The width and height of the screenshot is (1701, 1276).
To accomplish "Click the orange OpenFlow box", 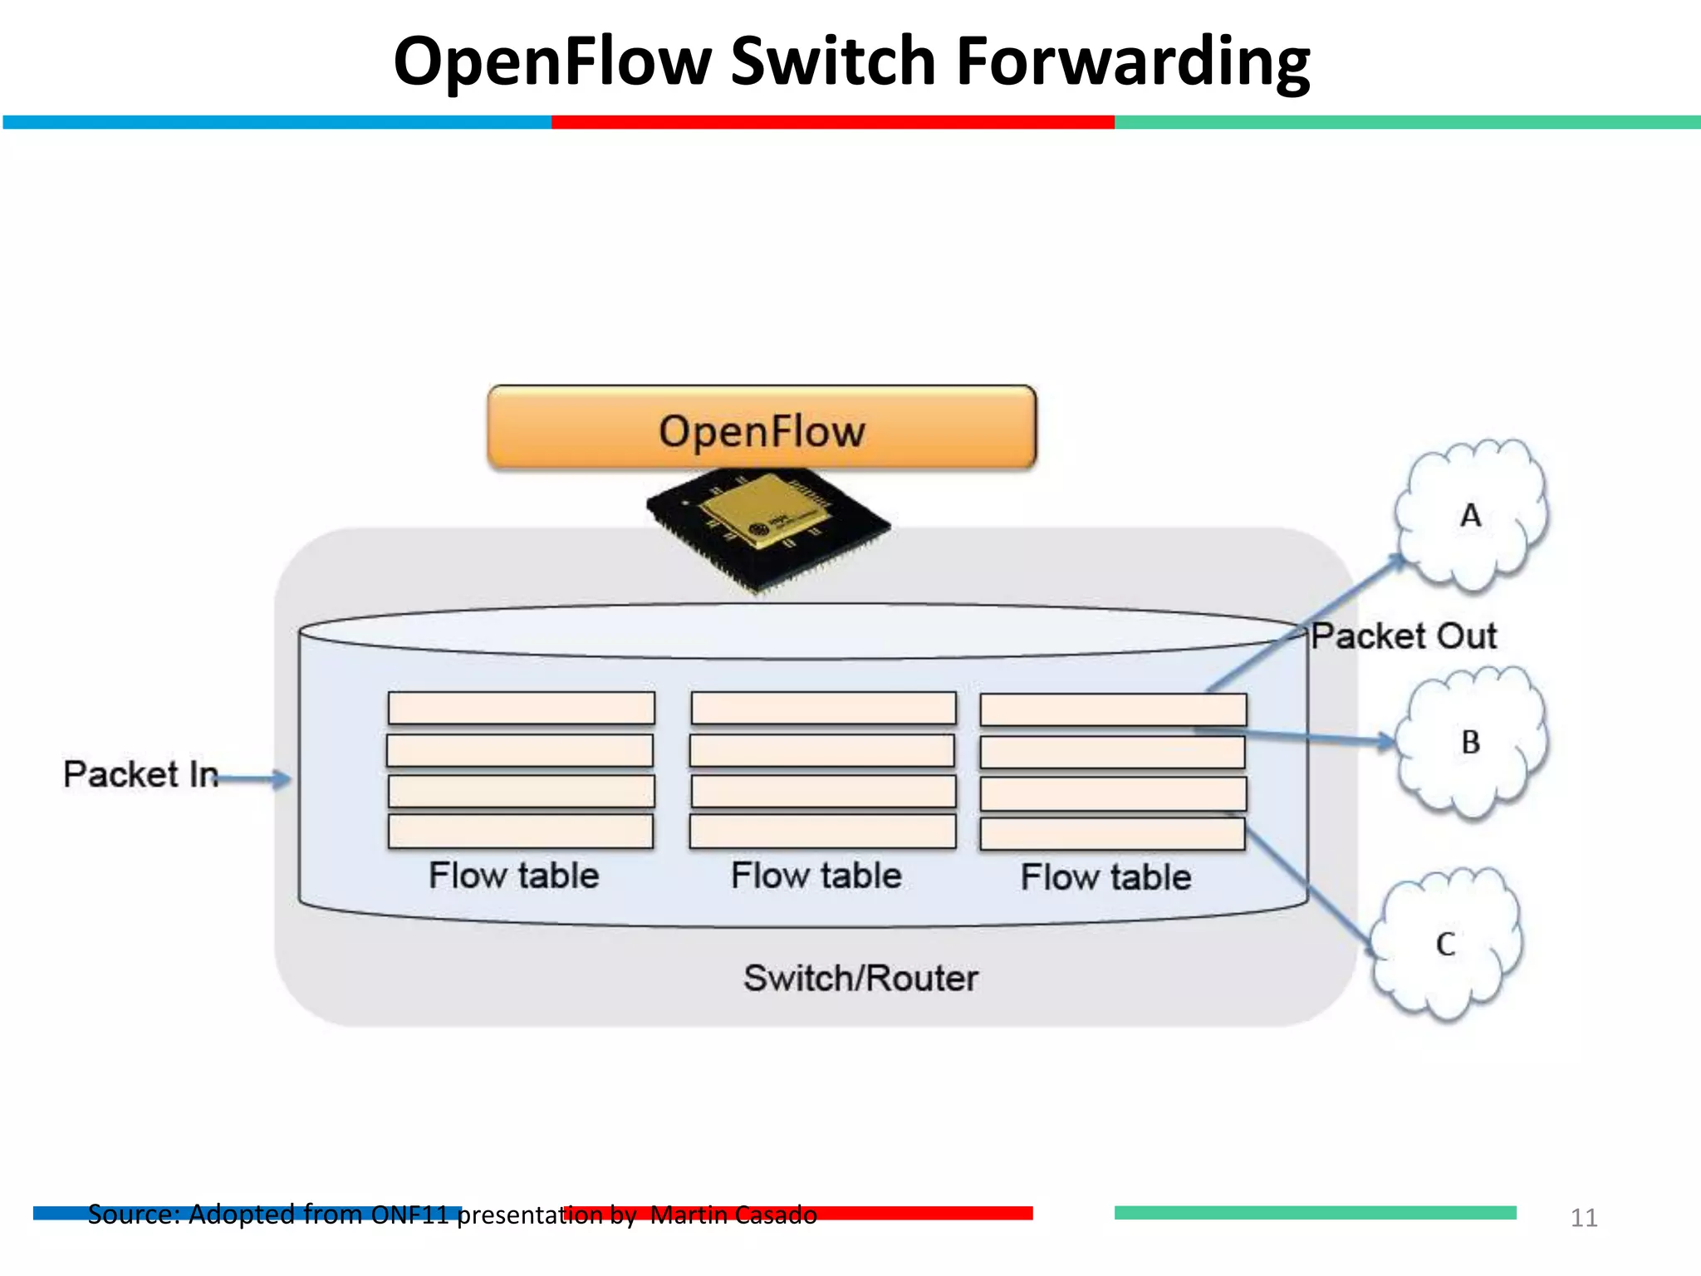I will (x=762, y=429).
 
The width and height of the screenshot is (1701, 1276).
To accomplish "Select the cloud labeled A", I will (x=1471, y=516).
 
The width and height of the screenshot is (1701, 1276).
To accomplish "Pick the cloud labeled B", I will (x=1471, y=742).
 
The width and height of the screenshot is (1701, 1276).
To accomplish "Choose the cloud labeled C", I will (x=1446, y=945).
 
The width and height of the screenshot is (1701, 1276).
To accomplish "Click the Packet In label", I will (x=140, y=774).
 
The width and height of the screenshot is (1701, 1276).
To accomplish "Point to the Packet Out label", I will (x=1404, y=636).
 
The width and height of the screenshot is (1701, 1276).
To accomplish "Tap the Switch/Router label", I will (x=860, y=979).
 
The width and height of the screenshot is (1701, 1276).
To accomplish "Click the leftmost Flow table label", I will (x=513, y=876).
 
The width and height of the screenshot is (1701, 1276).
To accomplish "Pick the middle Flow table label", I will (x=816, y=876).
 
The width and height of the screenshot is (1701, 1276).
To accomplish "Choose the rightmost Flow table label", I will (x=1105, y=877).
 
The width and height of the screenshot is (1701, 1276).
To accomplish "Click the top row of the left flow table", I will (x=521, y=709).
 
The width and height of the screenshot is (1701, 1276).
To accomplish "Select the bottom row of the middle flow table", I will (x=822, y=832).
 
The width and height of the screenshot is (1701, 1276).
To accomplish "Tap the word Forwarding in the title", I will (x=1133, y=61).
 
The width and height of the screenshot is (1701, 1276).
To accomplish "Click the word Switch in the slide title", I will (x=833, y=61).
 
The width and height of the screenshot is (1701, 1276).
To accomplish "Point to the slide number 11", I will (x=1584, y=1218).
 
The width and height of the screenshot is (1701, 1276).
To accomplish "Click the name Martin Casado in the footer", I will (x=733, y=1215).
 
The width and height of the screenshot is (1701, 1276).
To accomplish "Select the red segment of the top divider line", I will (x=832, y=122).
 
